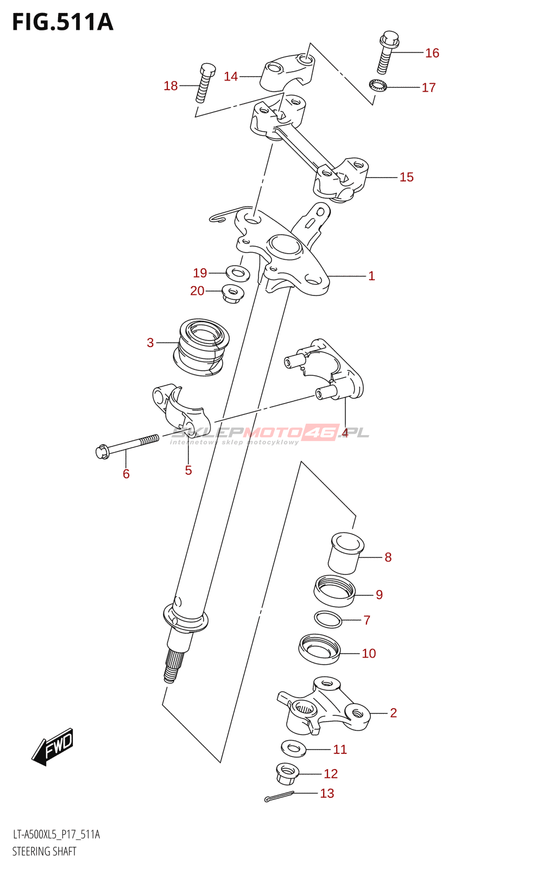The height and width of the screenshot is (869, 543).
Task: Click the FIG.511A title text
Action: click(62, 22)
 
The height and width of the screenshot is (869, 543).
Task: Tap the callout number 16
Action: click(432, 53)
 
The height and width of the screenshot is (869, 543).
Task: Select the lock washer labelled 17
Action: click(377, 86)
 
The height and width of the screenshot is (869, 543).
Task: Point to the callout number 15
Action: click(406, 177)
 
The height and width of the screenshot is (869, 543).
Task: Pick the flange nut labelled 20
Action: click(232, 293)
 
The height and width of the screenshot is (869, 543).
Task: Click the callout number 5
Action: click(188, 470)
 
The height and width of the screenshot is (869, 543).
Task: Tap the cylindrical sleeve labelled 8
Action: click(346, 553)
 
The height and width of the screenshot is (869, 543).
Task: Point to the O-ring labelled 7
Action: click(328, 619)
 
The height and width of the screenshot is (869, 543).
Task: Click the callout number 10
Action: click(369, 653)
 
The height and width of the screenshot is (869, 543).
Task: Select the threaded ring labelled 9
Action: click(334, 591)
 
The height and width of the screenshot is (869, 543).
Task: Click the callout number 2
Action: click(393, 713)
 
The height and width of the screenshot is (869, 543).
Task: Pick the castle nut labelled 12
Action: click(287, 773)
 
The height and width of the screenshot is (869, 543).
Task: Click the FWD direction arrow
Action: click(52, 747)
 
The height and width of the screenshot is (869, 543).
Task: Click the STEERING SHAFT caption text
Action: click(45, 851)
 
